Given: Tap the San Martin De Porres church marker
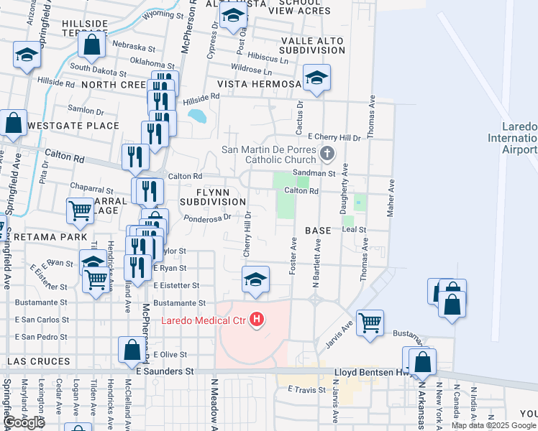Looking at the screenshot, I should (327, 153).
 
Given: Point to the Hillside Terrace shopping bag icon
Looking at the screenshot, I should (93, 45).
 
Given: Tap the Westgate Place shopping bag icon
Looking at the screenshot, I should (13, 123).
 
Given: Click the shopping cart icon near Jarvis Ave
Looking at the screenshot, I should (370, 323).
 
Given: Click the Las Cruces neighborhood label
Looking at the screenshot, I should (39, 361).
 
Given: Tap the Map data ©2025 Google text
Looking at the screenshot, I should (494, 425).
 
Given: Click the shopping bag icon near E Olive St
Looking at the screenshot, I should (133, 351).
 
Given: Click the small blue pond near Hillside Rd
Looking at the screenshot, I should (196, 115).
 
